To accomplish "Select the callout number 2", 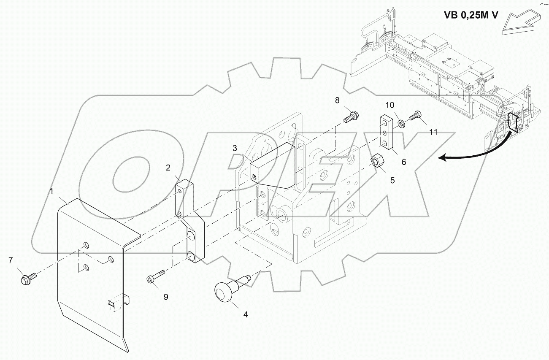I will pyautogui.click(x=168, y=168).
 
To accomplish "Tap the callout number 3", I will pyautogui.click(x=235, y=148).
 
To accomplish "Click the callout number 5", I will pyautogui.click(x=392, y=181).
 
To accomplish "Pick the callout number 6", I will pyautogui.click(x=403, y=162).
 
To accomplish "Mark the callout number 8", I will pyautogui.click(x=337, y=100).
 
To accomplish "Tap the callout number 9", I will pyautogui.click(x=166, y=297).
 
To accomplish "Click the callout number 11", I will pyautogui.click(x=433, y=132).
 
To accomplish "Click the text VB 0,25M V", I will pyautogui.click(x=471, y=15).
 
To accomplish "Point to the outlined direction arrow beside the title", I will pyautogui.click(x=520, y=23).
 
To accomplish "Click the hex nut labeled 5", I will pyautogui.click(x=376, y=161).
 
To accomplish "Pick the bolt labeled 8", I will pyautogui.click(x=351, y=116).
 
